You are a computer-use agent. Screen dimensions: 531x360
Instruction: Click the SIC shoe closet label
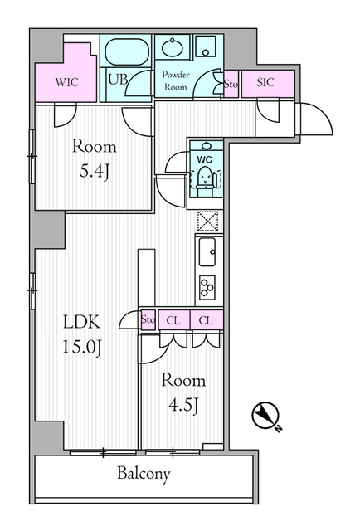pyautogui.click(x=265, y=83)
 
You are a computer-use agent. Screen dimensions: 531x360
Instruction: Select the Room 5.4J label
pyautogui.click(x=94, y=161)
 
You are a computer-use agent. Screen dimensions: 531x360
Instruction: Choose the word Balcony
pyautogui.click(x=143, y=475)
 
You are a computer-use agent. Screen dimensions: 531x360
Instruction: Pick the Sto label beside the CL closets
pyautogui.click(x=148, y=319)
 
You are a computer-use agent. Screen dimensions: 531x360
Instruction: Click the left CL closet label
pyautogui.click(x=173, y=319)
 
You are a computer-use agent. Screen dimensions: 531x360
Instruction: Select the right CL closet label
pyautogui.click(x=206, y=319)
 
